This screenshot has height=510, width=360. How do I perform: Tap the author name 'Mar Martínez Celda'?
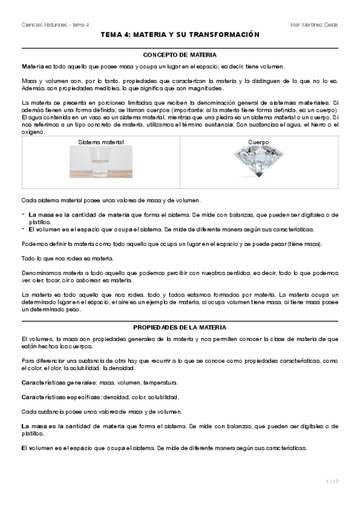314,25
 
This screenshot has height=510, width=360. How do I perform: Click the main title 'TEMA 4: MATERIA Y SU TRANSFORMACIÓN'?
180,35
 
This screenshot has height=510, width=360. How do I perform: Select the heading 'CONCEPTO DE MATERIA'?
180,54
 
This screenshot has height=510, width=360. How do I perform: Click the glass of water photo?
100,163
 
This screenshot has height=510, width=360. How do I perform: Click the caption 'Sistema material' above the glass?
100,142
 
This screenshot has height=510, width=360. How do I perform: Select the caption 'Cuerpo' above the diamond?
258,142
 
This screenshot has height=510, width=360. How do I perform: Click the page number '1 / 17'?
331,481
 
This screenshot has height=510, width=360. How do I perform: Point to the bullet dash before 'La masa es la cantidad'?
23,214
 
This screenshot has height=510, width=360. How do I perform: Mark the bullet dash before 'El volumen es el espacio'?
23,229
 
